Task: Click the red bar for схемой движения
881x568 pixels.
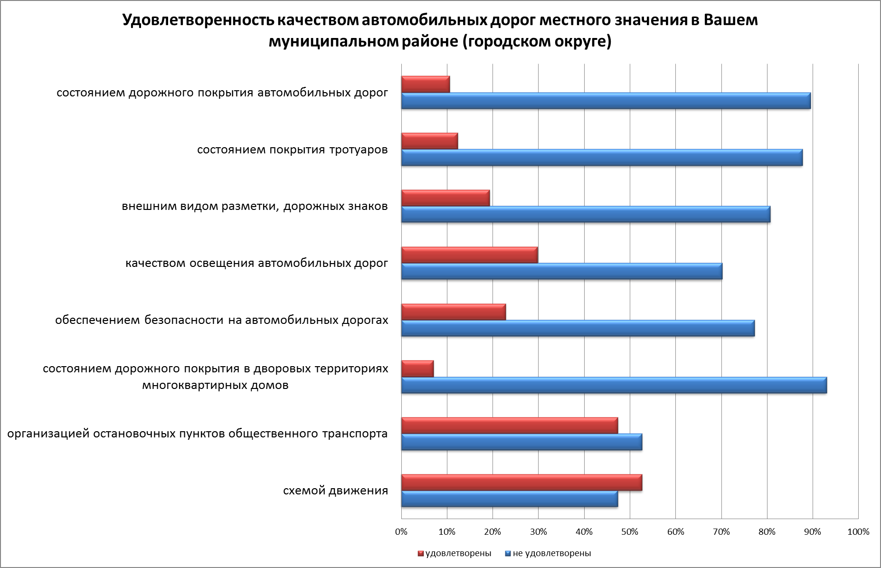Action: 521,482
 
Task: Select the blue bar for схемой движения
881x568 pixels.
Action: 509,499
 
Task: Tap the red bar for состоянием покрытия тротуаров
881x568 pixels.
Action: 429,141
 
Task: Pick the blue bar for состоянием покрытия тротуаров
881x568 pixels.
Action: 602,158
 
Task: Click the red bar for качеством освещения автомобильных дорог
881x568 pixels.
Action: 469,255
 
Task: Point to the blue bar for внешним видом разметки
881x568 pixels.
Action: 586,215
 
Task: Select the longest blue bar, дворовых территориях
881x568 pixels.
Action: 614,385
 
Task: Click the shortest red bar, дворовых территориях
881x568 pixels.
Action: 417,369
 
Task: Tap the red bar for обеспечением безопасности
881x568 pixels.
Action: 454,312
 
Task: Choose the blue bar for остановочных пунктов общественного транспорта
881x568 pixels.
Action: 521,442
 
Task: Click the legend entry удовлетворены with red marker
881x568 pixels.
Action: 454,553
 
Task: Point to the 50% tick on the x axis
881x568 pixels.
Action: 630,532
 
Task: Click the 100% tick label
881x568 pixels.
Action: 858,532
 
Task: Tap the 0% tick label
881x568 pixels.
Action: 401,532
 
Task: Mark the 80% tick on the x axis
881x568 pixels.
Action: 767,532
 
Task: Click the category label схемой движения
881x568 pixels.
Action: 335,491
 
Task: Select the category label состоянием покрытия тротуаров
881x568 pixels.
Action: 292,150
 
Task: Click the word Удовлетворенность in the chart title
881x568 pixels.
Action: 197,21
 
